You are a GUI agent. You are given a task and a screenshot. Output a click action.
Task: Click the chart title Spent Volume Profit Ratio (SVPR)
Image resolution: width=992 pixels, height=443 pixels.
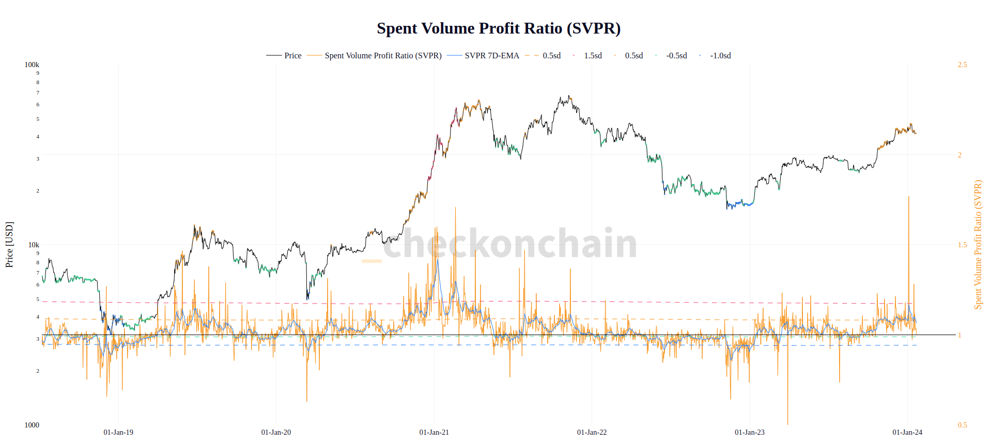point(499,28)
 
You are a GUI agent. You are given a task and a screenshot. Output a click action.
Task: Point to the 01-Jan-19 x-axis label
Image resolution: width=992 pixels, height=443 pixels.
point(118,432)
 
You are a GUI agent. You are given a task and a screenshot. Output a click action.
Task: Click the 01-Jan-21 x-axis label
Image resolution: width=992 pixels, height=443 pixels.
point(434,432)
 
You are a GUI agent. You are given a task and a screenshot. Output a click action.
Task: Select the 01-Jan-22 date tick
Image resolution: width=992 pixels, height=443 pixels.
point(592,432)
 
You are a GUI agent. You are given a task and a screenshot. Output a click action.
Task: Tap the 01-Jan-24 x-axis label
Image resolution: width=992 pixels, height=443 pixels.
point(907,432)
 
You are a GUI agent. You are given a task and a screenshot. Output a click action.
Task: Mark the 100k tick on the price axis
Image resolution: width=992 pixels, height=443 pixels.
point(32,65)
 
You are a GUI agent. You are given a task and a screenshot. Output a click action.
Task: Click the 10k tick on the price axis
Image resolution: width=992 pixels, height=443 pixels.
point(34,245)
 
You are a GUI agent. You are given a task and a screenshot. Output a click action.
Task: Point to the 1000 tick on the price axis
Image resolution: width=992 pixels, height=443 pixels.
point(32,425)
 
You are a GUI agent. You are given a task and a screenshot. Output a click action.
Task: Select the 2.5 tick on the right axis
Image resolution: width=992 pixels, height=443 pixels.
point(962,65)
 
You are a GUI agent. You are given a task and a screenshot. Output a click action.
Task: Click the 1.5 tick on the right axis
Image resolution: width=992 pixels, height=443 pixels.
point(962,245)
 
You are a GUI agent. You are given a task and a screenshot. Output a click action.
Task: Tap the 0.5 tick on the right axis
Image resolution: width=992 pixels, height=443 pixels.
point(962,425)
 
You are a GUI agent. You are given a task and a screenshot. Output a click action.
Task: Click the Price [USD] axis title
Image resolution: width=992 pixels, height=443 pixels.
point(9,245)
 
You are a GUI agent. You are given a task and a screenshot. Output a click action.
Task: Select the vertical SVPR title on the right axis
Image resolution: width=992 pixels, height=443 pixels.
point(978,245)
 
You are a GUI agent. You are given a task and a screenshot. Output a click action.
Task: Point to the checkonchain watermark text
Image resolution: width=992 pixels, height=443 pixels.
point(509,243)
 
